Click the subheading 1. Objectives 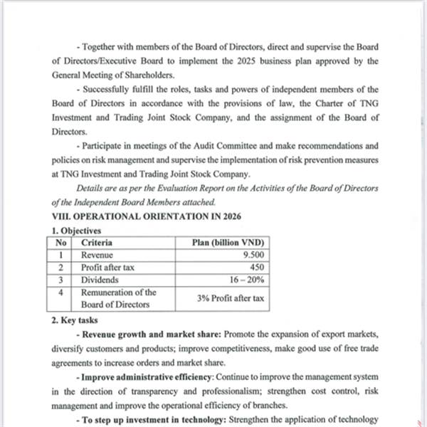(76, 230)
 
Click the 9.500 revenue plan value (253, 255)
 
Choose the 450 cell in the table (256, 268)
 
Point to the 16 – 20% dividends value (246, 280)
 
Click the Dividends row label (100, 280)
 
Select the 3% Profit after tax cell (230, 298)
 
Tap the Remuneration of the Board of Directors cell (118, 298)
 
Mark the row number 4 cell (62, 292)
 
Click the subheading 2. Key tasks (75, 320)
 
